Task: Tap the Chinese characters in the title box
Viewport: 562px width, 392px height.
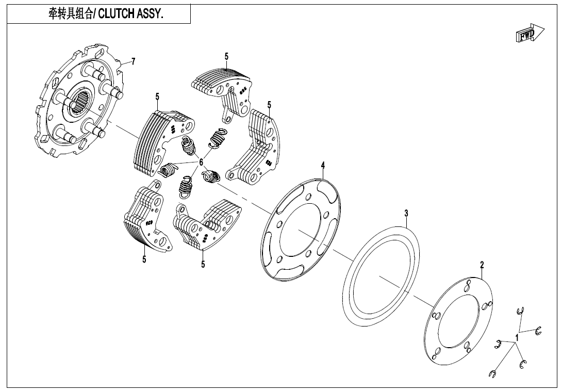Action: click(x=68, y=14)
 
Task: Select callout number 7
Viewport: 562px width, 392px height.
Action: click(x=133, y=62)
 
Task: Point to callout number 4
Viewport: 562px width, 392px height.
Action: click(x=323, y=165)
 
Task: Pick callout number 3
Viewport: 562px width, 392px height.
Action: click(x=406, y=213)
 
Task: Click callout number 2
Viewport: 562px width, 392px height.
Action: click(x=482, y=265)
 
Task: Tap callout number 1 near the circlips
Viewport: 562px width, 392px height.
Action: click(x=517, y=337)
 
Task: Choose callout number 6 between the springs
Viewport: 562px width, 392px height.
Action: click(x=201, y=162)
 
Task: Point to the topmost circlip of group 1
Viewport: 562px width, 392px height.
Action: click(x=520, y=311)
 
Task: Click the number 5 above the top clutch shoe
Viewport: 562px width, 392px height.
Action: click(x=226, y=56)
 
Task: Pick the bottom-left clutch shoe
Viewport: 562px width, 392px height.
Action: click(x=144, y=219)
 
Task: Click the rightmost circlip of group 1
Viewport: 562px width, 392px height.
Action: click(x=539, y=331)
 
